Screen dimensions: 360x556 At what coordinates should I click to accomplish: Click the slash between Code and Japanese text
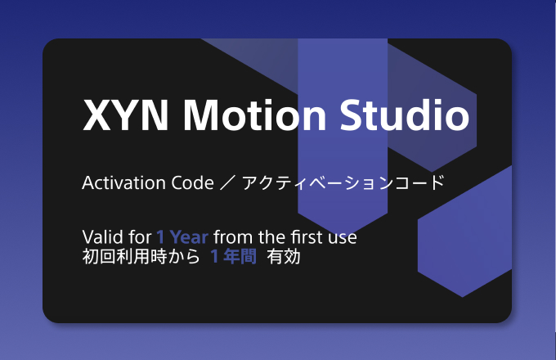(228, 182)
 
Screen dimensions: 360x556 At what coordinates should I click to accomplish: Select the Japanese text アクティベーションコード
(343, 182)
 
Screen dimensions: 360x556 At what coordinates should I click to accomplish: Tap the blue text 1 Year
(182, 237)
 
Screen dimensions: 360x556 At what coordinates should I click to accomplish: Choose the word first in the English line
(301, 237)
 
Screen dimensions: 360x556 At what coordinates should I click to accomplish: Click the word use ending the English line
(343, 238)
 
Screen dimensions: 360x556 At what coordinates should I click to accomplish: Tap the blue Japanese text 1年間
(235, 257)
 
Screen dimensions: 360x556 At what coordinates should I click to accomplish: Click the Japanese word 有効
(285, 257)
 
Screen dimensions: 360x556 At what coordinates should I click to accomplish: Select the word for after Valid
(138, 237)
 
